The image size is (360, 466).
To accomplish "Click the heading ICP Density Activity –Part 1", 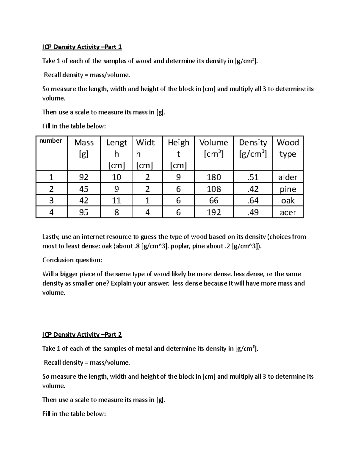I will pos(82,47).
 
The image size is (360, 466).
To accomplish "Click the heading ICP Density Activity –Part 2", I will pos(82,335).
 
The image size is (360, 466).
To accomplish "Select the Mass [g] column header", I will pos(84,148).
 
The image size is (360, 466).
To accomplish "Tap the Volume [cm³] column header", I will pos(214,148).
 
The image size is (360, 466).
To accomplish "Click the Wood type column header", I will pos(288,148).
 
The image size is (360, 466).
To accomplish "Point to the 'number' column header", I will pos(51,141).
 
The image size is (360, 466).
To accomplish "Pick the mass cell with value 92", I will pos(84,177).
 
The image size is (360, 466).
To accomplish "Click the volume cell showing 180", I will pos(214,177).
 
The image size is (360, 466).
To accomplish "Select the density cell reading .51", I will pos(253,177).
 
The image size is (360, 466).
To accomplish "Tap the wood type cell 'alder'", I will pos(288,177).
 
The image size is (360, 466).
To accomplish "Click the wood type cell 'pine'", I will pos(288,189).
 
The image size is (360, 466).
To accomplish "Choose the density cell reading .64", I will pos(253,200).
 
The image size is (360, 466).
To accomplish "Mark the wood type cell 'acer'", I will pos(288,212).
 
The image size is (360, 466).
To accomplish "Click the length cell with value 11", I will pos(116,200).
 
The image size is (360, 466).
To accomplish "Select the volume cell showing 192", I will pos(214,212).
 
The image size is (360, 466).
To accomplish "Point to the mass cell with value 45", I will pos(84,189).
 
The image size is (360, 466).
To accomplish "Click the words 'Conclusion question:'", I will pos(72,260).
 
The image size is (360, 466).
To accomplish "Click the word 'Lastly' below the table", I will pos(51,237).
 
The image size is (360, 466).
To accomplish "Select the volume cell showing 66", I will pos(214,200).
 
